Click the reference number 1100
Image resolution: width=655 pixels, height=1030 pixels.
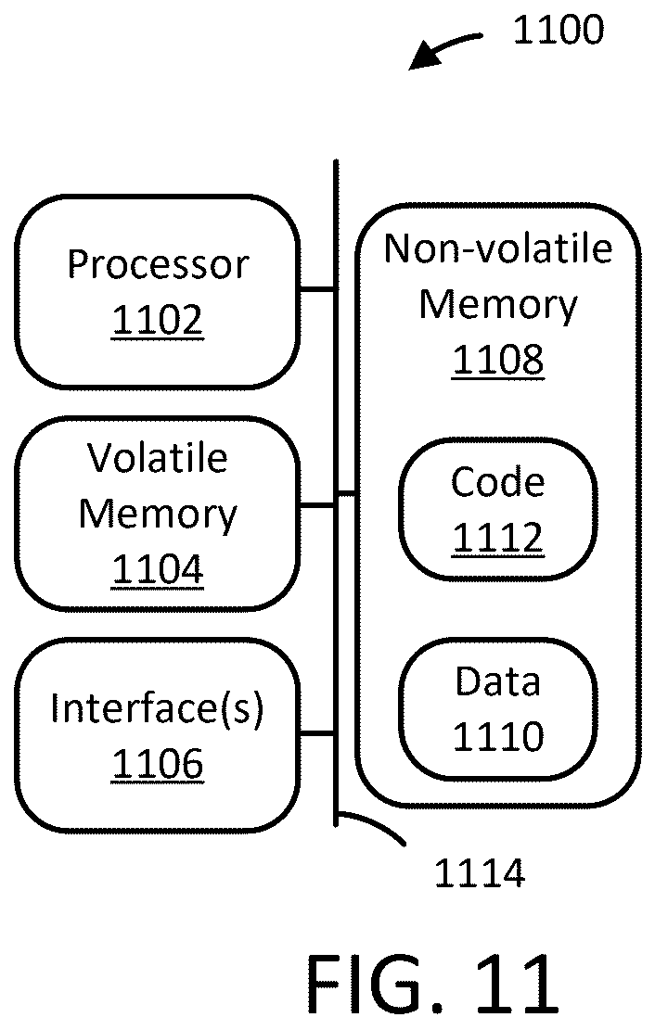click(558, 31)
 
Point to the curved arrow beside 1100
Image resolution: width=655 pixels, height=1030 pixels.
click(442, 46)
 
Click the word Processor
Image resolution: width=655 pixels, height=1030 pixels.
click(158, 265)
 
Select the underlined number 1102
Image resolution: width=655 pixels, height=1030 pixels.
click(158, 321)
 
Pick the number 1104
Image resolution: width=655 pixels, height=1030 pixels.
click(158, 569)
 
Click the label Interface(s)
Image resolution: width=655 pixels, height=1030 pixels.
click(157, 709)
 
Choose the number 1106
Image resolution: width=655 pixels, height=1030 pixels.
click(158, 764)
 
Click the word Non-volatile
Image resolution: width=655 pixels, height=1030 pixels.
click(498, 249)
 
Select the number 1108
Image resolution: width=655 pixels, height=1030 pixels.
click(498, 360)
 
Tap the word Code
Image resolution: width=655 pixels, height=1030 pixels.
click(498, 482)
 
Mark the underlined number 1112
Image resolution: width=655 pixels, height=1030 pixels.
click(498, 538)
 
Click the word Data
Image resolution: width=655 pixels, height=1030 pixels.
click(498, 681)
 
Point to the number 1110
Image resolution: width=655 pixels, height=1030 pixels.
click(498, 736)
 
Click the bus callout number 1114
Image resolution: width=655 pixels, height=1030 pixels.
click(480, 873)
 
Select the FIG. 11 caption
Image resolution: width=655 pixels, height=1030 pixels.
click(432, 984)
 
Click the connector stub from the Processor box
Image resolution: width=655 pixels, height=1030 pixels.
click(317, 288)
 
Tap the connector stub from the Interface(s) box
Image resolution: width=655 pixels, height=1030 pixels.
click(317, 732)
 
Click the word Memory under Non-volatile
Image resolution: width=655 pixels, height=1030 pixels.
click(498, 305)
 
